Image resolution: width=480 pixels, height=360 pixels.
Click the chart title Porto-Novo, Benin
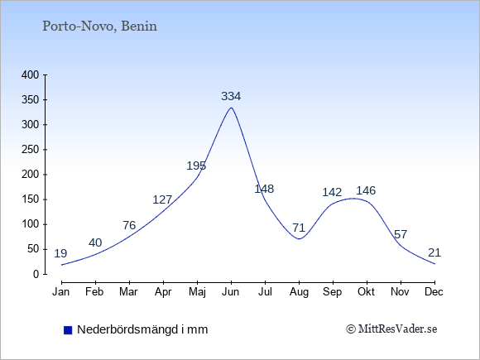point(99,26)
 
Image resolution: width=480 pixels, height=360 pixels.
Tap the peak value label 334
point(231,96)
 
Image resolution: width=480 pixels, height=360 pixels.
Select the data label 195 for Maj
point(196,166)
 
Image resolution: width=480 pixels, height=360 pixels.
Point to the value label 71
point(299,228)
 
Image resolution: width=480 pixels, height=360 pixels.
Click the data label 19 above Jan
point(60,253)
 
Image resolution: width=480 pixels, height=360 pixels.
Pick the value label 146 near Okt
point(366,190)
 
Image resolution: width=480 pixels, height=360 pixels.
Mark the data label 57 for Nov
point(401,234)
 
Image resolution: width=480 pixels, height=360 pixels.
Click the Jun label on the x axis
point(231,292)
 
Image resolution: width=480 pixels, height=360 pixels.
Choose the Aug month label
point(299,292)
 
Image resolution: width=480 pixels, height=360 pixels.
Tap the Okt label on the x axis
point(367,292)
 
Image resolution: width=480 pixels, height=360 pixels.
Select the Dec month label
point(434,292)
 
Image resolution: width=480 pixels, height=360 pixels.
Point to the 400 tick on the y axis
point(31,74)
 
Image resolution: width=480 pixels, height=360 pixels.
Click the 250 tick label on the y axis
point(31,150)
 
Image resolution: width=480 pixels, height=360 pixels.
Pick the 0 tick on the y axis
point(36,274)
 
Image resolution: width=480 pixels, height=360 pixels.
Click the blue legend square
point(68,330)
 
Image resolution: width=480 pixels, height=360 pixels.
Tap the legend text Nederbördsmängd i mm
point(142,329)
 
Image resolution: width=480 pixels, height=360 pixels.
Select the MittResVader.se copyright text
point(391,329)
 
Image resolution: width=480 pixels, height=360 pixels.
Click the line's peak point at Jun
point(231,108)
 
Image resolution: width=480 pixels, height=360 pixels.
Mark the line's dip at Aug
point(299,239)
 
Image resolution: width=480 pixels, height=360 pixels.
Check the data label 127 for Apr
point(162,199)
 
